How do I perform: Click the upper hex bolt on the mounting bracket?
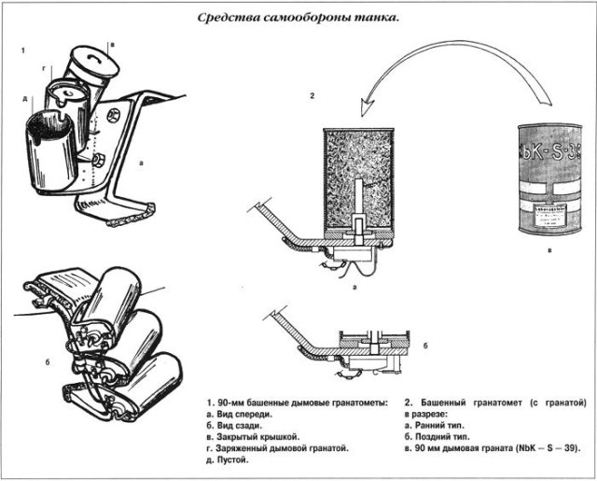[x=113, y=116]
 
